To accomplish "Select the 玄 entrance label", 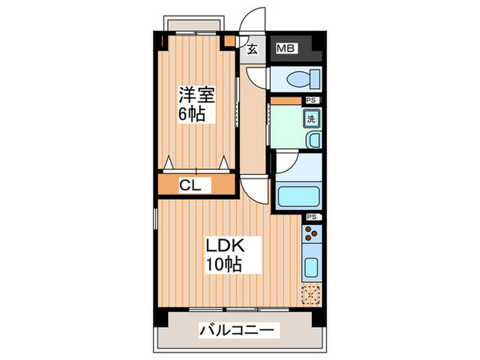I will pos(252,49).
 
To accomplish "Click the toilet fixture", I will pos(296,78).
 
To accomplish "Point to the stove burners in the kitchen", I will pos(310,237).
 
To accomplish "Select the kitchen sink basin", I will pos(310,268).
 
